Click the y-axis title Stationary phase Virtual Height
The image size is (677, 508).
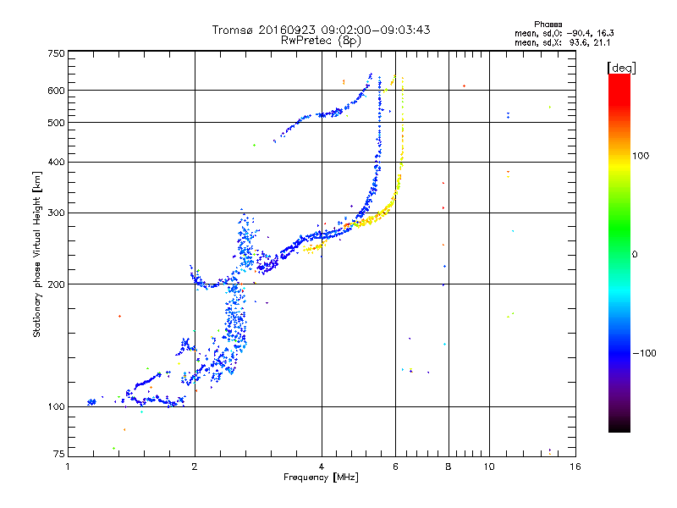(x=37, y=254)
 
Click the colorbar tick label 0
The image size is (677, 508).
(x=637, y=254)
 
